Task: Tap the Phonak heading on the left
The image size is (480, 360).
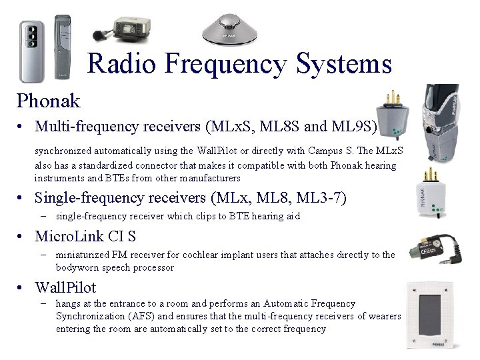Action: pyautogui.click(x=49, y=101)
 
